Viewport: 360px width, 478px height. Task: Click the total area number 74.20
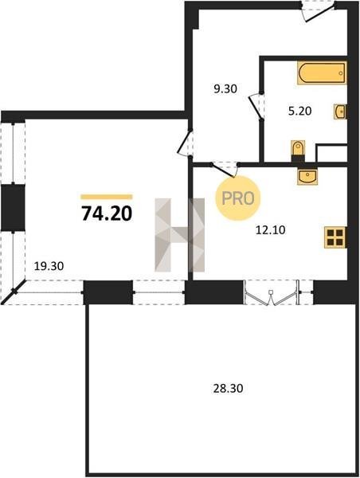[107, 213]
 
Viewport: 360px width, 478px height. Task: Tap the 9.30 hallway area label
[225, 89]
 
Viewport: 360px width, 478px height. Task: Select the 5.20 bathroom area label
[300, 111]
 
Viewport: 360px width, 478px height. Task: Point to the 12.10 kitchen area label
[270, 230]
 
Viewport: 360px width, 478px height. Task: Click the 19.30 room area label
[49, 266]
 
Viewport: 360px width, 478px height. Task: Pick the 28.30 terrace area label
[228, 389]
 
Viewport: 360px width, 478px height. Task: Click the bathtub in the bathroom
[322, 72]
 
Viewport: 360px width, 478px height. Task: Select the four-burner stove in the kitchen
[335, 237]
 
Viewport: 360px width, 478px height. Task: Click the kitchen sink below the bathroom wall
[307, 176]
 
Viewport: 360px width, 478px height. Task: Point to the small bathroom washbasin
[340, 112]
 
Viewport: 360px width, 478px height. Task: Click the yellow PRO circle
[238, 198]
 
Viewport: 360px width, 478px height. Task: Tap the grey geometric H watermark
[179, 235]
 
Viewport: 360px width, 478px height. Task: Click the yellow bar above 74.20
[107, 197]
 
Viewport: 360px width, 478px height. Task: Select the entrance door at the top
[318, 11]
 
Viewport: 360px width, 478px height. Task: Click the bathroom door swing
[256, 106]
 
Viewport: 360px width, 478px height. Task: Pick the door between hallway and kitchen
[225, 170]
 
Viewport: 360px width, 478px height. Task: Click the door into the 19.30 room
[186, 143]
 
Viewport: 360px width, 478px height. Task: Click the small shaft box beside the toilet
[331, 153]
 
